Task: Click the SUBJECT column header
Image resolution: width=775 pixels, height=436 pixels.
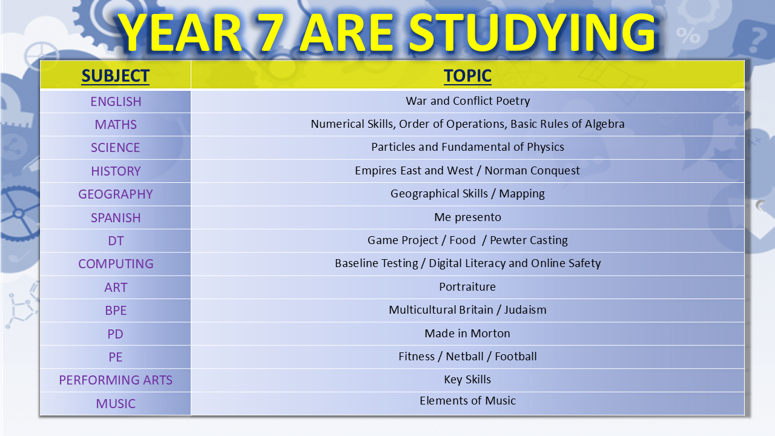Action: pos(116,76)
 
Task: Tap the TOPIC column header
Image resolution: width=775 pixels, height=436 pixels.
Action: pos(467,76)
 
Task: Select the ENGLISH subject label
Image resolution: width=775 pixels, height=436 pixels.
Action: pos(116,102)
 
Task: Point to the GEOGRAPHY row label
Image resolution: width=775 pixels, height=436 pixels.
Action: pos(116,194)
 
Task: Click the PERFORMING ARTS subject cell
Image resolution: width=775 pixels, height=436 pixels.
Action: pos(116,380)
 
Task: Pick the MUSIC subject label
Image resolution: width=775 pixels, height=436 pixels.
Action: pos(116,404)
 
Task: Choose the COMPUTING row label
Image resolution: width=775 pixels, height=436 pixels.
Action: pos(116,264)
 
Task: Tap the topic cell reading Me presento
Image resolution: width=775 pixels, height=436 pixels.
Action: pos(467,217)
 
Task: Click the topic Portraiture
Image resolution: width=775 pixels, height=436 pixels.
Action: pos(467,287)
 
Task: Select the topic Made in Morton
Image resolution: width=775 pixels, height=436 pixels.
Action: pos(467,334)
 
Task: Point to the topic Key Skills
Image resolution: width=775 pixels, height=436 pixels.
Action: pos(467,380)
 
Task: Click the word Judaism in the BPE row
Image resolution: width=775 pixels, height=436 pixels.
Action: pos(525,310)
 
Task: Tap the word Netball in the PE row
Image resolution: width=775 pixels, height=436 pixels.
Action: pos(464,357)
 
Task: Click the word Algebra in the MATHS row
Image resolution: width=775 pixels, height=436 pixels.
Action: pos(605,124)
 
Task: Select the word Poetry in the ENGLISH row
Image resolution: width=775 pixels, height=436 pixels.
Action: pos(513,101)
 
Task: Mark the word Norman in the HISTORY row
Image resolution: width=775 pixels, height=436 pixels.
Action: pos(505,171)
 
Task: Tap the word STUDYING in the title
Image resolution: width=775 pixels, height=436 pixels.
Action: pos(532,33)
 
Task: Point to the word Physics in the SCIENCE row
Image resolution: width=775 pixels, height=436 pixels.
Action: pos(546,147)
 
